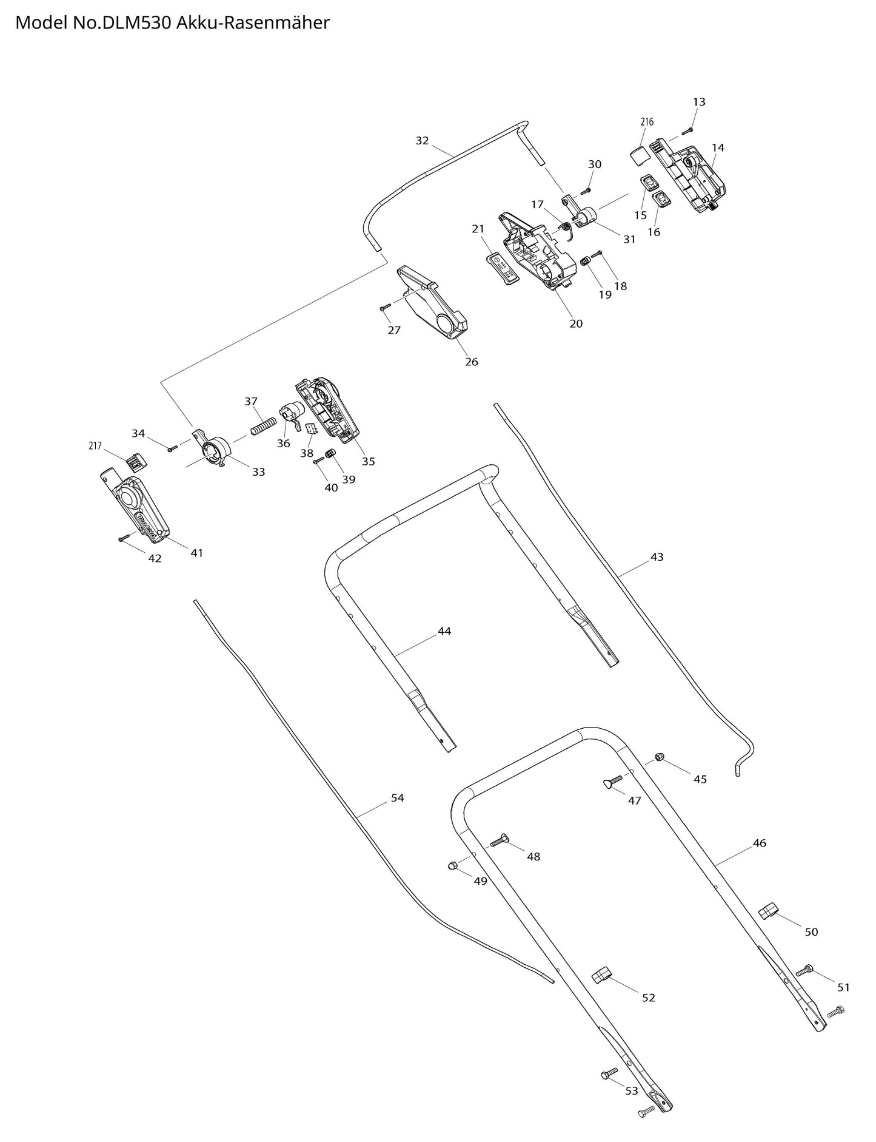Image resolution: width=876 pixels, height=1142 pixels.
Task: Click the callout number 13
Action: click(699, 102)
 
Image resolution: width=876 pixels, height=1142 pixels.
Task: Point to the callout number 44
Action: click(444, 631)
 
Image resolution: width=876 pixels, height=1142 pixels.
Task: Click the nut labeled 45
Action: click(660, 756)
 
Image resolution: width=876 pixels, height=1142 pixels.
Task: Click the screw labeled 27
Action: click(386, 308)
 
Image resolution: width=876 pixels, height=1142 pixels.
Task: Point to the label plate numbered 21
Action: click(502, 267)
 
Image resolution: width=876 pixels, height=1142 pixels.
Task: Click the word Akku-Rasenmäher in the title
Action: click(254, 23)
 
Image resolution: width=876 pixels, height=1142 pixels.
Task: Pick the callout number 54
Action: click(397, 798)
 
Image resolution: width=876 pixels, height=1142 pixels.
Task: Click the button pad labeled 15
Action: click(650, 182)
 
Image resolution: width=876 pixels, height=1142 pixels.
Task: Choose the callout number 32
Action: click(422, 141)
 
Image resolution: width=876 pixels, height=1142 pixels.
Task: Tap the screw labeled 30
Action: click(586, 191)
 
